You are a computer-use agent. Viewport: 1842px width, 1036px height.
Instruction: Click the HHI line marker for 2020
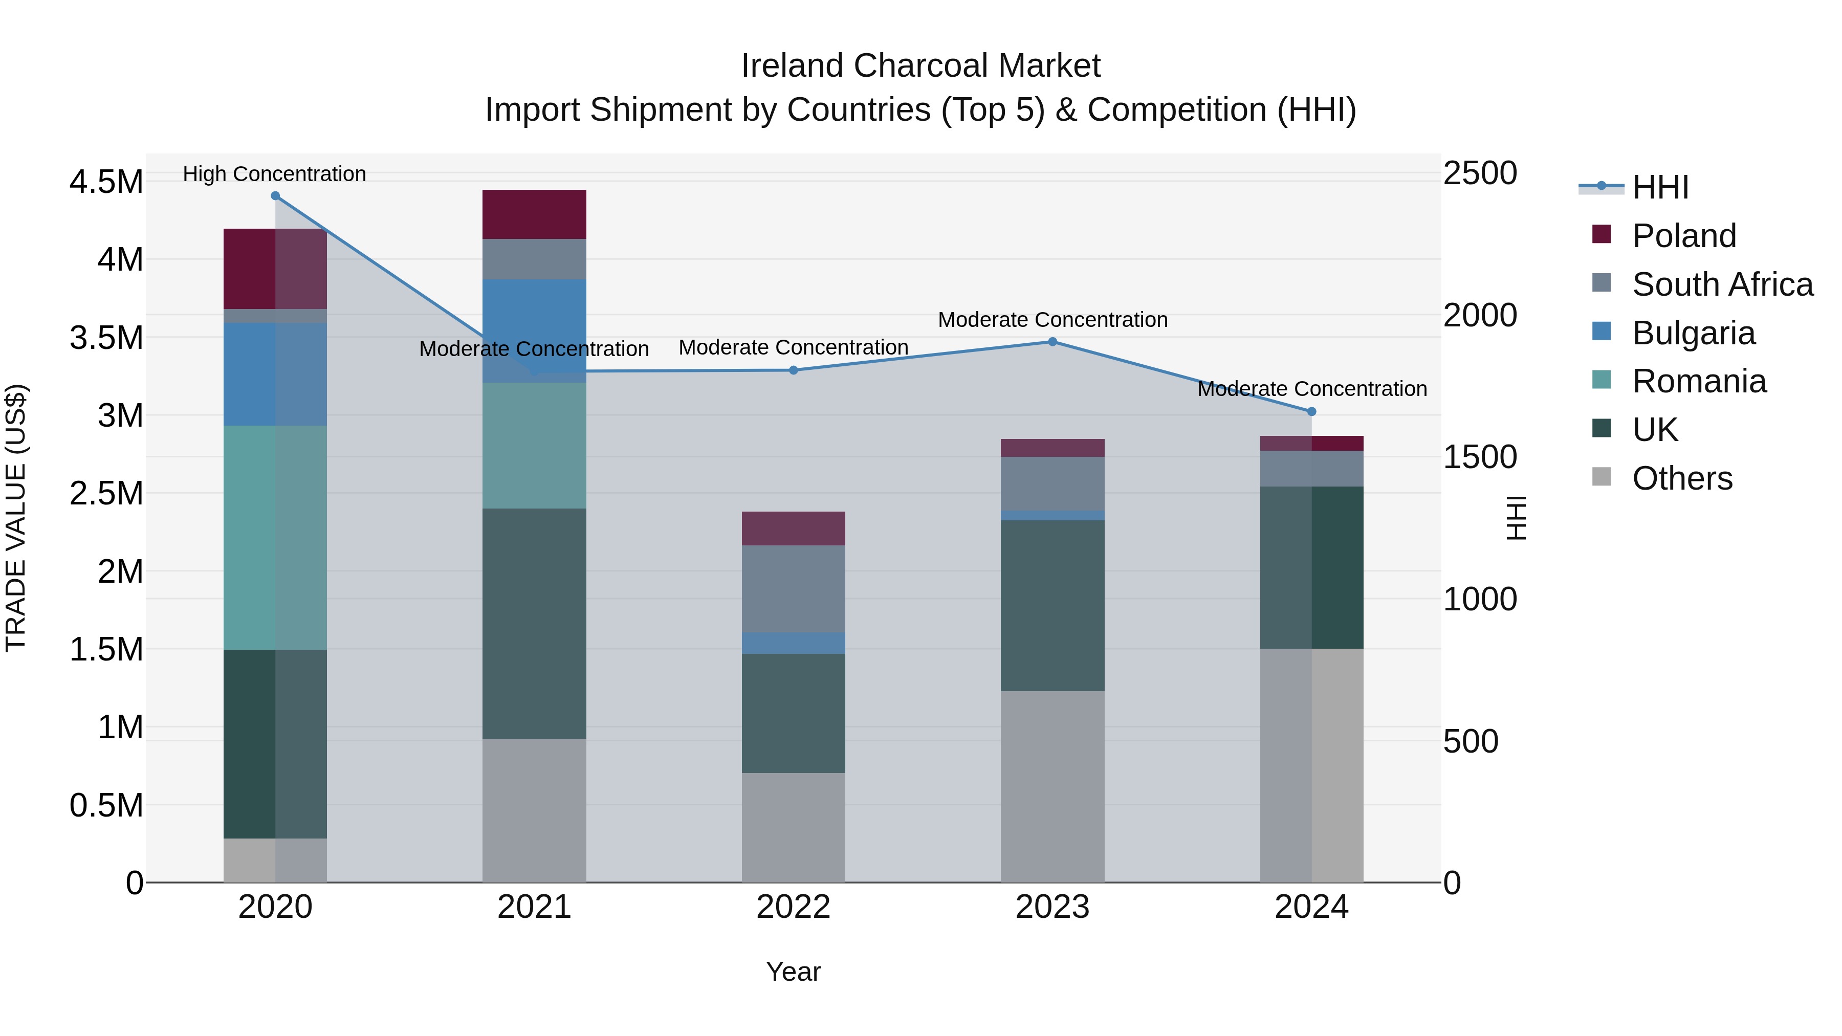(275, 196)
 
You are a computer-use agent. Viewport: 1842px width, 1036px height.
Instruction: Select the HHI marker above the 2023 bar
(1052, 342)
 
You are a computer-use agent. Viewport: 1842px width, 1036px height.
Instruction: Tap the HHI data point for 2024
(1311, 412)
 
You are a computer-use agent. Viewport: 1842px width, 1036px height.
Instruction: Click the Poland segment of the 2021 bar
(534, 214)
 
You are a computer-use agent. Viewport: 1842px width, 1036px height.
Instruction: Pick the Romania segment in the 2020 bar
(275, 538)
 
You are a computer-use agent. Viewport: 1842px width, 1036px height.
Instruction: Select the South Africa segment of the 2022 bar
(793, 589)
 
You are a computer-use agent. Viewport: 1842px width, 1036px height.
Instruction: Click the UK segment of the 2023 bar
(1052, 606)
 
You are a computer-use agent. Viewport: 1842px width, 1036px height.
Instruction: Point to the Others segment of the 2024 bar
(1311, 765)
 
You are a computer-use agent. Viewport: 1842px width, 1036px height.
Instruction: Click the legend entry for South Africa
(1722, 284)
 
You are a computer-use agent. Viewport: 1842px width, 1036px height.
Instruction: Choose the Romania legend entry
(1698, 381)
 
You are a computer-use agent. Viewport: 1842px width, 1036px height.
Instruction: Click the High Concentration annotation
(275, 174)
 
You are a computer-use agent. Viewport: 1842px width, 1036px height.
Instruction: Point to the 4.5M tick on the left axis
(106, 182)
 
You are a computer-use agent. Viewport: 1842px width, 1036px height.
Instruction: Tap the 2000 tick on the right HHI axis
(1479, 315)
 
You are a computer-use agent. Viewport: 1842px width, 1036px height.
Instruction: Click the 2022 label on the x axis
(793, 907)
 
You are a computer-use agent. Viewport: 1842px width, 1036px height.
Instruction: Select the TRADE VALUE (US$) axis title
(16, 518)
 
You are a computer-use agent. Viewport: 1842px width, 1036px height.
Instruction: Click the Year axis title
(793, 972)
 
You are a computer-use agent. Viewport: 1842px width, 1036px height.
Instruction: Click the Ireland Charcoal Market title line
(920, 66)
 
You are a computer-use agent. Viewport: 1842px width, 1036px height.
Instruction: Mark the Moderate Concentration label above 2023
(1052, 320)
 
